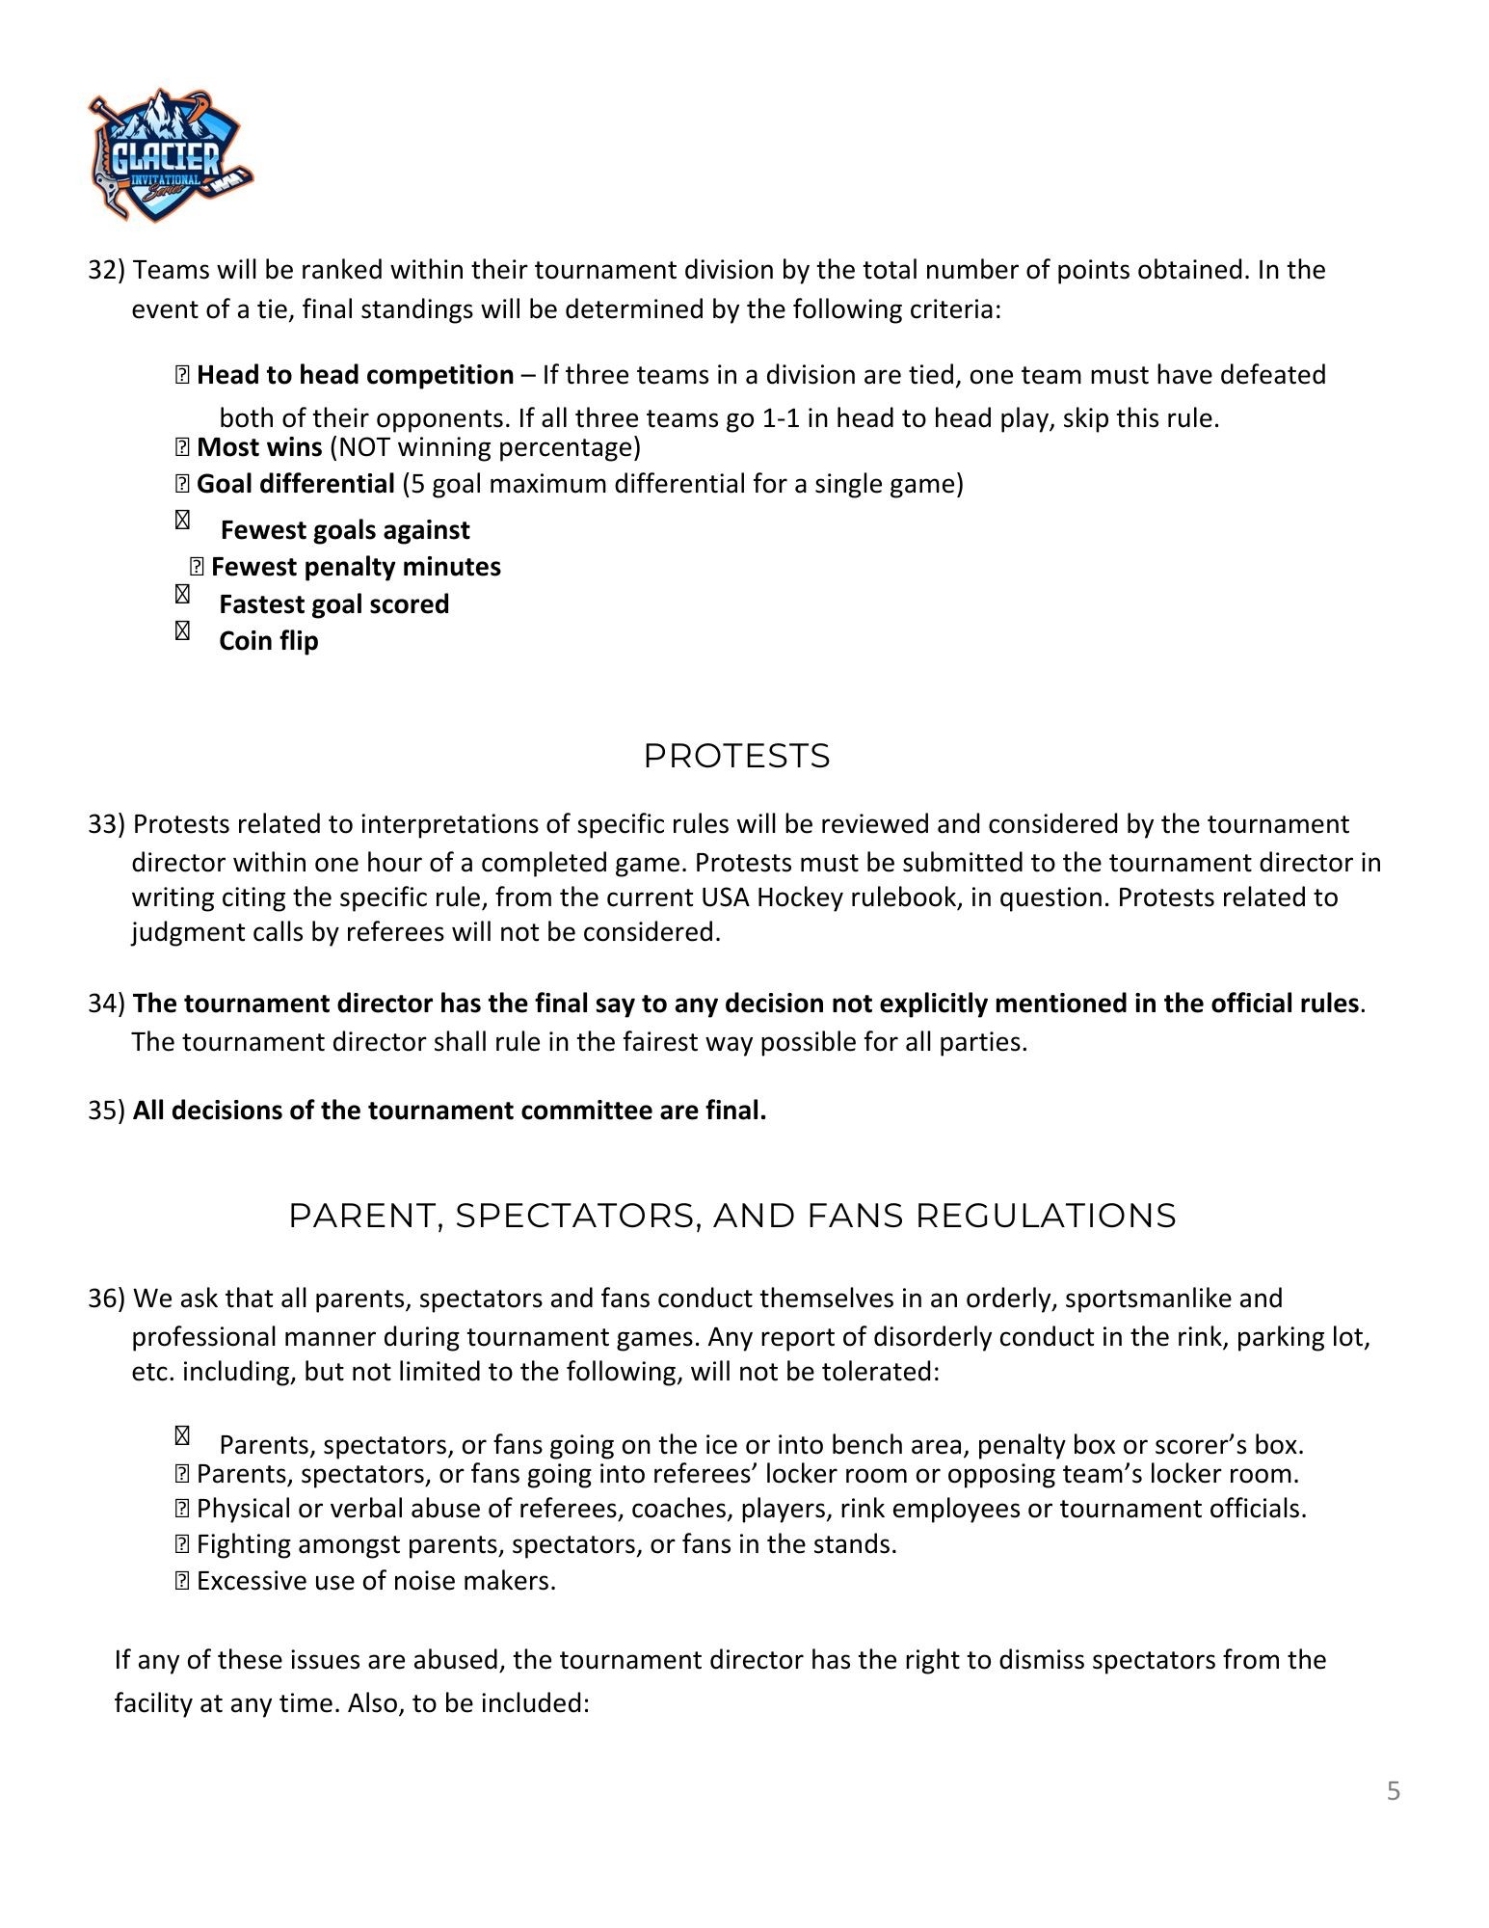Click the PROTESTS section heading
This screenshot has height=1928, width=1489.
736,756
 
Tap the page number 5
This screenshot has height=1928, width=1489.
1393,1791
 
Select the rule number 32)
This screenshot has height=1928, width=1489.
106,270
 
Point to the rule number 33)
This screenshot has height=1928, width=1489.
106,824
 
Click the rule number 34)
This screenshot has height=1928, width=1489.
106,1004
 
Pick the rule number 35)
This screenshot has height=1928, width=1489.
106,1111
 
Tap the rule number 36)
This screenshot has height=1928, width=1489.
106,1299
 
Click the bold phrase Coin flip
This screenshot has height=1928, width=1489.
268,641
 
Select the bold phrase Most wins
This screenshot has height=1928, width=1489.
259,447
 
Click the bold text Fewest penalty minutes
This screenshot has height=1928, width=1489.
356,567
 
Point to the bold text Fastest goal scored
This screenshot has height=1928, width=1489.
333,604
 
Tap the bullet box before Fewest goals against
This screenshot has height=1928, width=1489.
182,521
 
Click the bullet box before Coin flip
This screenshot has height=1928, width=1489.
182,631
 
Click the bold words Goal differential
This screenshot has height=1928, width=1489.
295,484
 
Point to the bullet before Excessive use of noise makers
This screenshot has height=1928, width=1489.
182,1581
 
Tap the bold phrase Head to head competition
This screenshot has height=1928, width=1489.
355,375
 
